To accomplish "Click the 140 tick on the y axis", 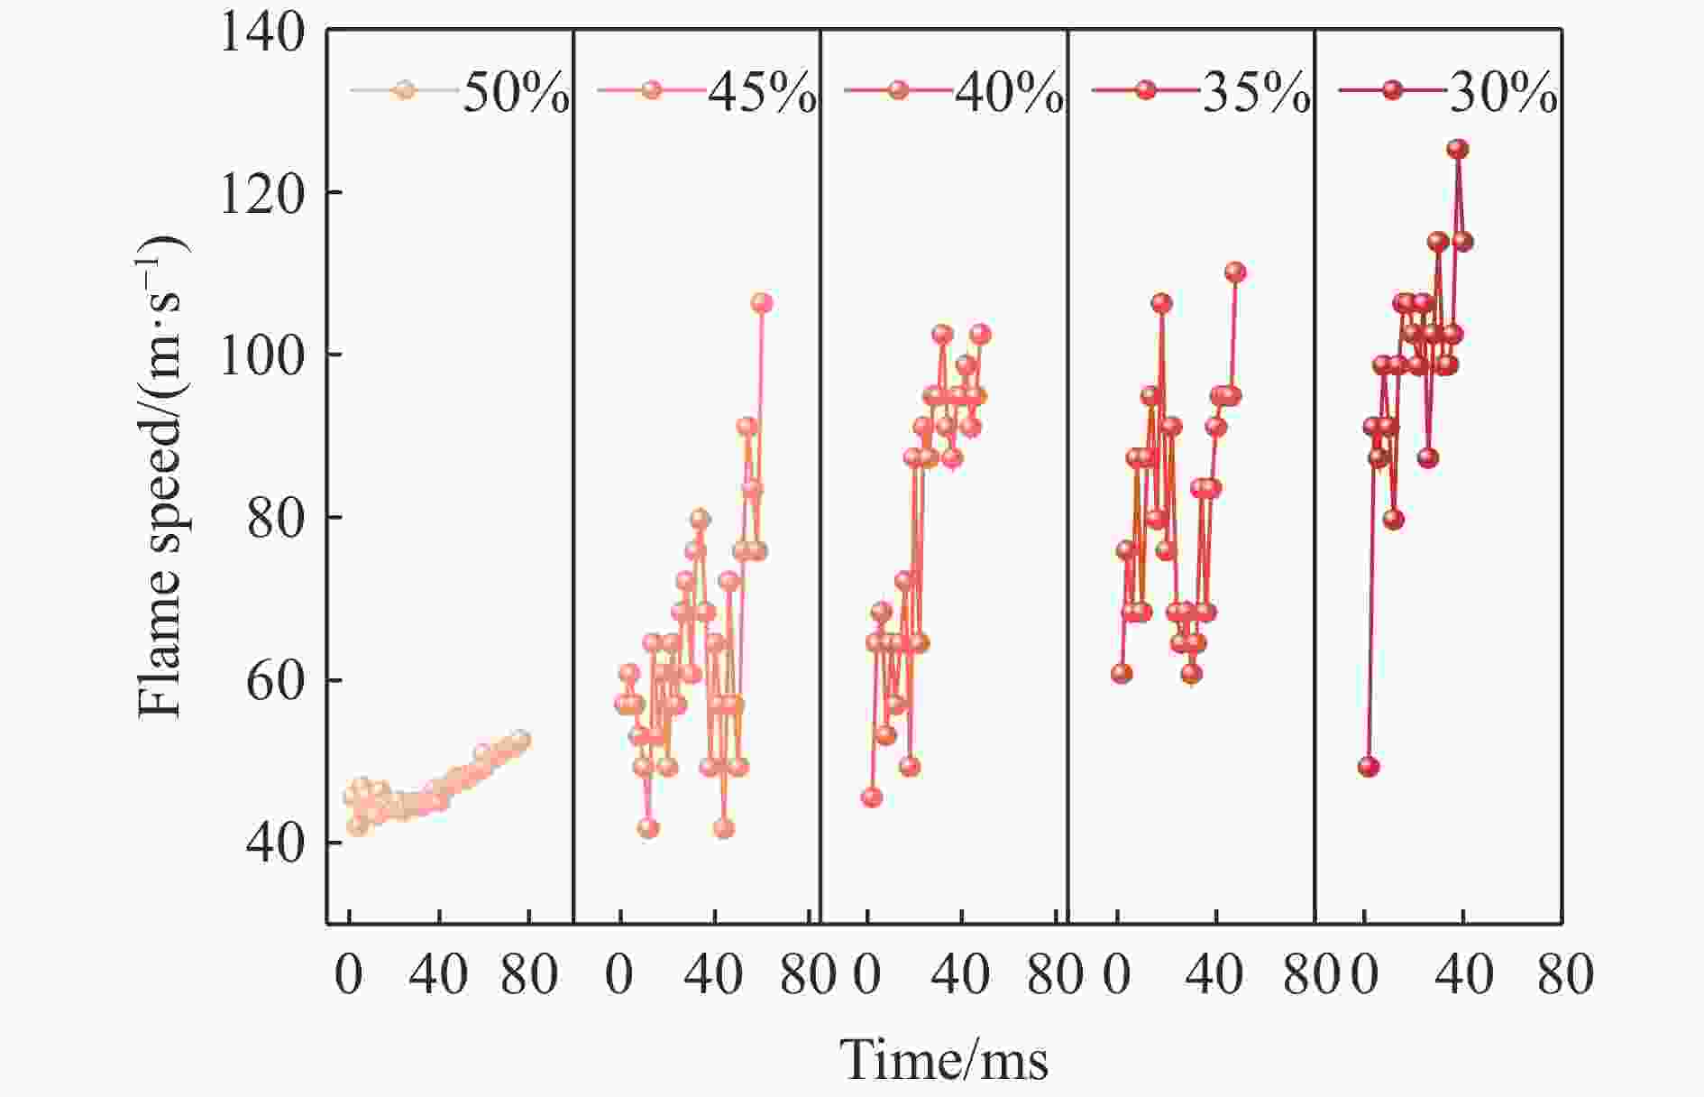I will [261, 32].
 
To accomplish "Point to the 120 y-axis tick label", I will [261, 193].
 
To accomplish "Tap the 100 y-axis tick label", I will [261, 355].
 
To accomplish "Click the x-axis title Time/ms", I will [944, 1060].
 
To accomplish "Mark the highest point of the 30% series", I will [1457, 149].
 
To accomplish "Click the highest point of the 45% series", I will [762, 303].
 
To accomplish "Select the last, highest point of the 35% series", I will [1235, 272].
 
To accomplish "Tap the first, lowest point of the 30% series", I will [1369, 767].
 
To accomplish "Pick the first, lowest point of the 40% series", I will [871, 797].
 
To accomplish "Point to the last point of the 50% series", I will [521, 740].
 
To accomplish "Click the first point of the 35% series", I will [1122, 673].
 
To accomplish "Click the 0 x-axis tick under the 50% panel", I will [349, 976].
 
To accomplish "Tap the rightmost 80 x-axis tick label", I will [1565, 976].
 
